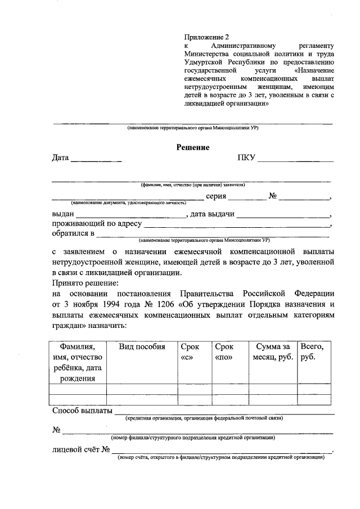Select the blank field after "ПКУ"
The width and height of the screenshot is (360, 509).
point(296,160)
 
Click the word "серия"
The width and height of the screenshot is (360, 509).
point(217,196)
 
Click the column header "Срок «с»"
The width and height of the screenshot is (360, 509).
point(192,352)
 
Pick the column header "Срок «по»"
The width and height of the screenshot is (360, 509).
point(227,352)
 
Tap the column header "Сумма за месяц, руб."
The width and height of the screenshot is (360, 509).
point(271,352)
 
